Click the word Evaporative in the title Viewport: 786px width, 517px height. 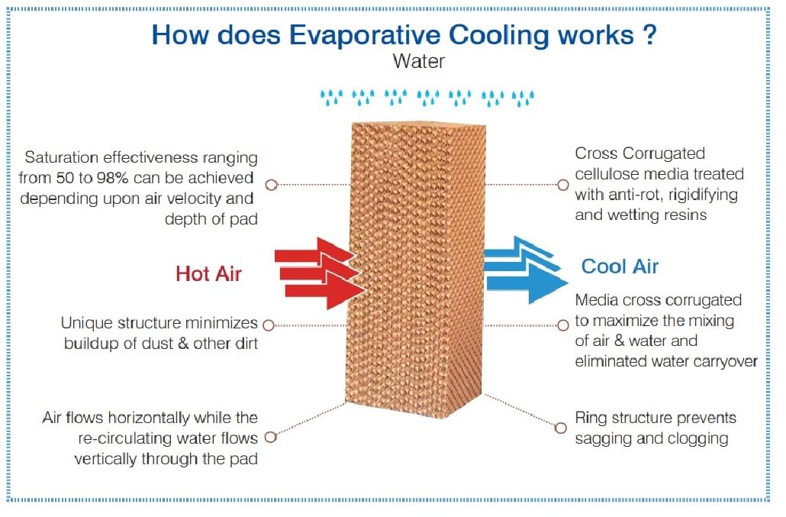[365, 36]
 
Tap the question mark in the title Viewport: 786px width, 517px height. [649, 34]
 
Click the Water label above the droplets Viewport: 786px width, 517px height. [419, 61]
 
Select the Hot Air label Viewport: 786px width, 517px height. [208, 274]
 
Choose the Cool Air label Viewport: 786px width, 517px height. [620, 267]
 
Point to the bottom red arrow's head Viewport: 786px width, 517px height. [346, 290]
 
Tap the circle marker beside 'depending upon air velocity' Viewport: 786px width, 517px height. [271, 185]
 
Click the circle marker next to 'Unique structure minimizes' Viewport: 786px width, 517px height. [269, 325]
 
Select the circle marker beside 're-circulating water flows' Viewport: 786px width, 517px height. [270, 438]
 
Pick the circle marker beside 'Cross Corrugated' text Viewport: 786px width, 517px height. [563, 185]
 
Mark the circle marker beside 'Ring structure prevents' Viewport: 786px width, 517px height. [560, 428]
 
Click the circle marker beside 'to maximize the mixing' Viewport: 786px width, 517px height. [563, 325]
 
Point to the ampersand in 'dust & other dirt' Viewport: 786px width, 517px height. [183, 344]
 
